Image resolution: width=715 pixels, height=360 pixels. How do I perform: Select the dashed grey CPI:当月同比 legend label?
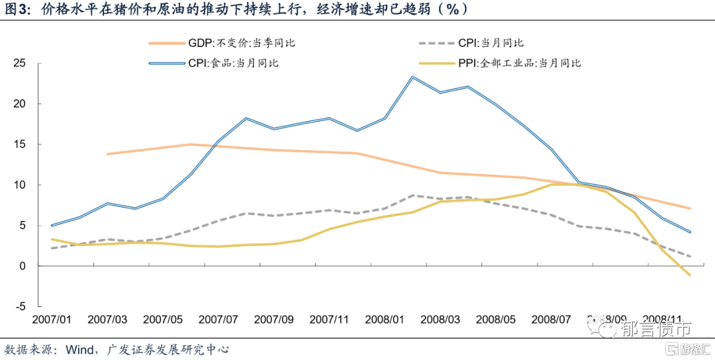[491, 43]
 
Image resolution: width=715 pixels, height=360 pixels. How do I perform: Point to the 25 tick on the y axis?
[19, 64]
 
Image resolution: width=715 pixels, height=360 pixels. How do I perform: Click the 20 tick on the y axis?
[19, 104]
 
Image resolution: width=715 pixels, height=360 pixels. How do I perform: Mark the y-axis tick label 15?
[19, 144]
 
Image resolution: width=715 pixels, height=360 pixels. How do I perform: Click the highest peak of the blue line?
[412, 77]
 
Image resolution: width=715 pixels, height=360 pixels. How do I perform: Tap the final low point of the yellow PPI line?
[691, 275]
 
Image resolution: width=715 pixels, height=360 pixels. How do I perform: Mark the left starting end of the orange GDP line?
[107, 154]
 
